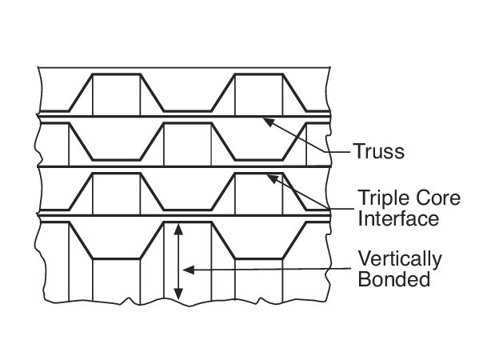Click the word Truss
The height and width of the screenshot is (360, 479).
pos(379,151)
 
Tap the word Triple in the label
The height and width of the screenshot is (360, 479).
pos(382,199)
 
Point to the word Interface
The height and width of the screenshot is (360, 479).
pos(398,218)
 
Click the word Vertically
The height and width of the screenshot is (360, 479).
pos(400,260)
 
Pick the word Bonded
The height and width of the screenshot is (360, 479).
pos(393,278)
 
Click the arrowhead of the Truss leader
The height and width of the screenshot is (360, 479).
pos(268,122)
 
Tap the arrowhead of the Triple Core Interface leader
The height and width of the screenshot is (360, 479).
pos(273,178)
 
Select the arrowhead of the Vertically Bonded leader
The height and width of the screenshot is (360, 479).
pos(189,270)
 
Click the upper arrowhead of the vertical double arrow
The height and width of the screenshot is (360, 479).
pos(178,230)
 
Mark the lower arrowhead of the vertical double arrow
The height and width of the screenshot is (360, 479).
pos(178,294)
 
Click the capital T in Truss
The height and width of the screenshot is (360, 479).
pos(359,151)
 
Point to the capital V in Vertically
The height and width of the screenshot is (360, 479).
pos(365,258)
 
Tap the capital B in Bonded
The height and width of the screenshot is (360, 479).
pos(364,278)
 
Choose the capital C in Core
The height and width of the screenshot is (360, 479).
pos(418,198)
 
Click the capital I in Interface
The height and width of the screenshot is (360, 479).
pos(360,218)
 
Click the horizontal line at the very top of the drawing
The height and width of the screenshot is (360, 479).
pos(184,67)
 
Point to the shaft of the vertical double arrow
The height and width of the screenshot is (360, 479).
pos(178,262)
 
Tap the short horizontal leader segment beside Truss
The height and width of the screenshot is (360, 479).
pos(338,151)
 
